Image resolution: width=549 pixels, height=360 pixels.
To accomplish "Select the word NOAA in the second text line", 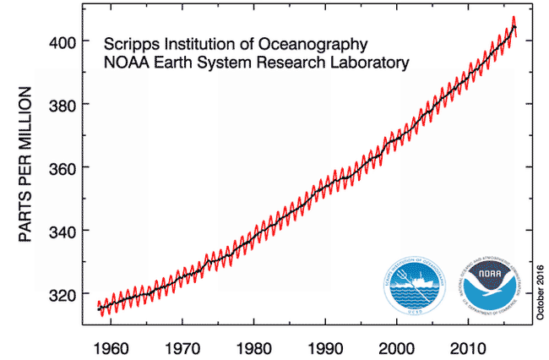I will point(124,63).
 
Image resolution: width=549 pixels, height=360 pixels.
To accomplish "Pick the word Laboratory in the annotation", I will point(368,63).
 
